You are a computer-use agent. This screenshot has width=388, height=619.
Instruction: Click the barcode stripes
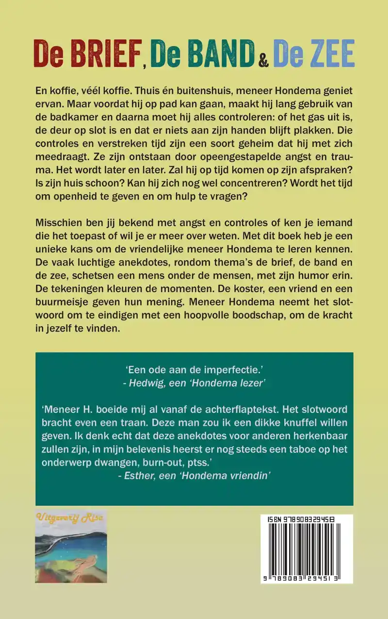point(307,548)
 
